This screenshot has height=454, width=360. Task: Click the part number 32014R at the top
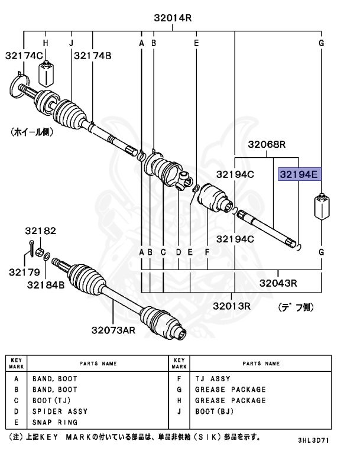point(173,18)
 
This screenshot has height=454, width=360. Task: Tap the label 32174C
point(24,56)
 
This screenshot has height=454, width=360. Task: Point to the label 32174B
point(92,56)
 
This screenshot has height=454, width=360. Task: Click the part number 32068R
point(267,144)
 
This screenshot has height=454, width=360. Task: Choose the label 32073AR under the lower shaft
point(113,330)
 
